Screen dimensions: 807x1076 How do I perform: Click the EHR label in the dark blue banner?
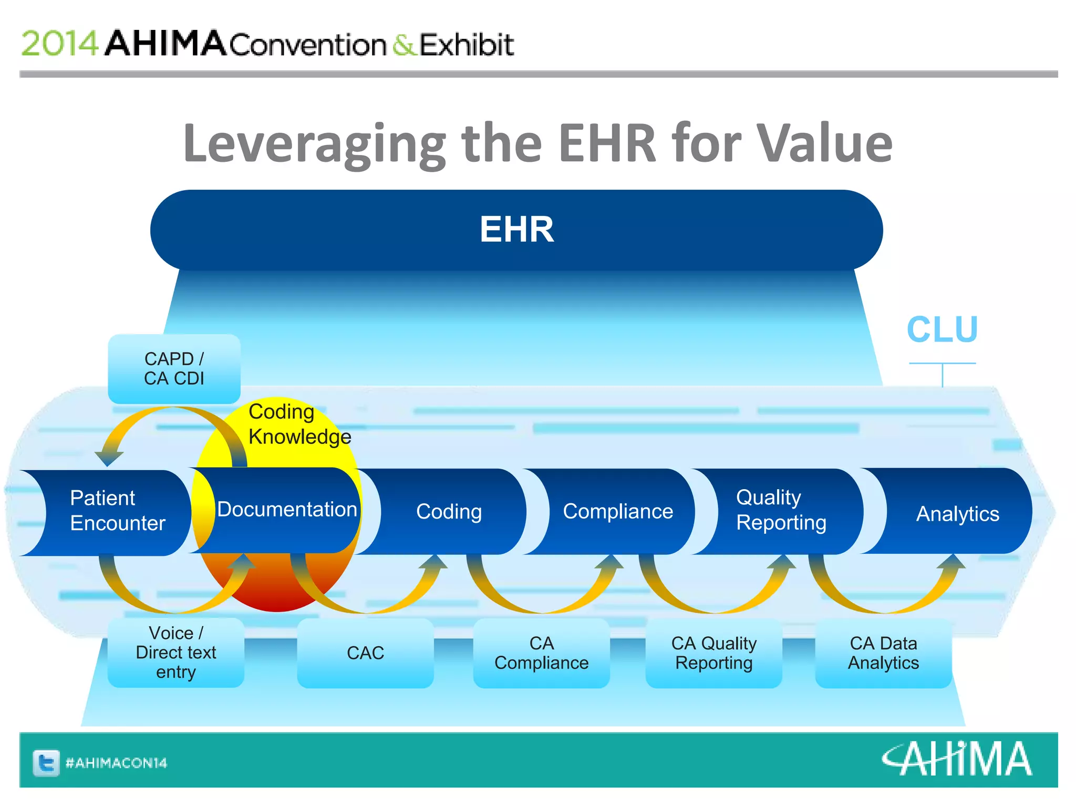pos(516,230)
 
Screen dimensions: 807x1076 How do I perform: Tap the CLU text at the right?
pos(942,330)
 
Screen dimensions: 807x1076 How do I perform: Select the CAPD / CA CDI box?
pos(174,369)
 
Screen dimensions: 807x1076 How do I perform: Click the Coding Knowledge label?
pos(298,425)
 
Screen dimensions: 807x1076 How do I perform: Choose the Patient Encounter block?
pos(117,511)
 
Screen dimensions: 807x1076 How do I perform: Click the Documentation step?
pos(287,510)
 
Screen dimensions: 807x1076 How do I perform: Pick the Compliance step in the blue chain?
pos(617,511)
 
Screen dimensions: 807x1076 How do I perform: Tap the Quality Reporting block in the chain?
pos(781,510)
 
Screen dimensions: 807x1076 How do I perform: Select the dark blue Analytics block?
pos(957,513)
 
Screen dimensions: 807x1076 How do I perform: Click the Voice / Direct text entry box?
pos(175,653)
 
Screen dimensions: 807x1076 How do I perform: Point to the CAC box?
pos(365,653)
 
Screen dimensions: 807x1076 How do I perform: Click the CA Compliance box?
pos(541,653)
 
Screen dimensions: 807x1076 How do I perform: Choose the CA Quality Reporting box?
pos(713,653)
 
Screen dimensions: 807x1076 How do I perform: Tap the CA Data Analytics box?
pos(883,653)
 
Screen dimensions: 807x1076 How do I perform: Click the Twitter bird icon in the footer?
pos(46,762)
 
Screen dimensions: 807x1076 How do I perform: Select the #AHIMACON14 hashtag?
pos(116,763)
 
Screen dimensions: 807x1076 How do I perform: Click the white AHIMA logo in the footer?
pos(956,759)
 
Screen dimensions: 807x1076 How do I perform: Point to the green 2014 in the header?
pos(59,43)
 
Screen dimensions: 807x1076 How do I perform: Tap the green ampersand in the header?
pos(403,45)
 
